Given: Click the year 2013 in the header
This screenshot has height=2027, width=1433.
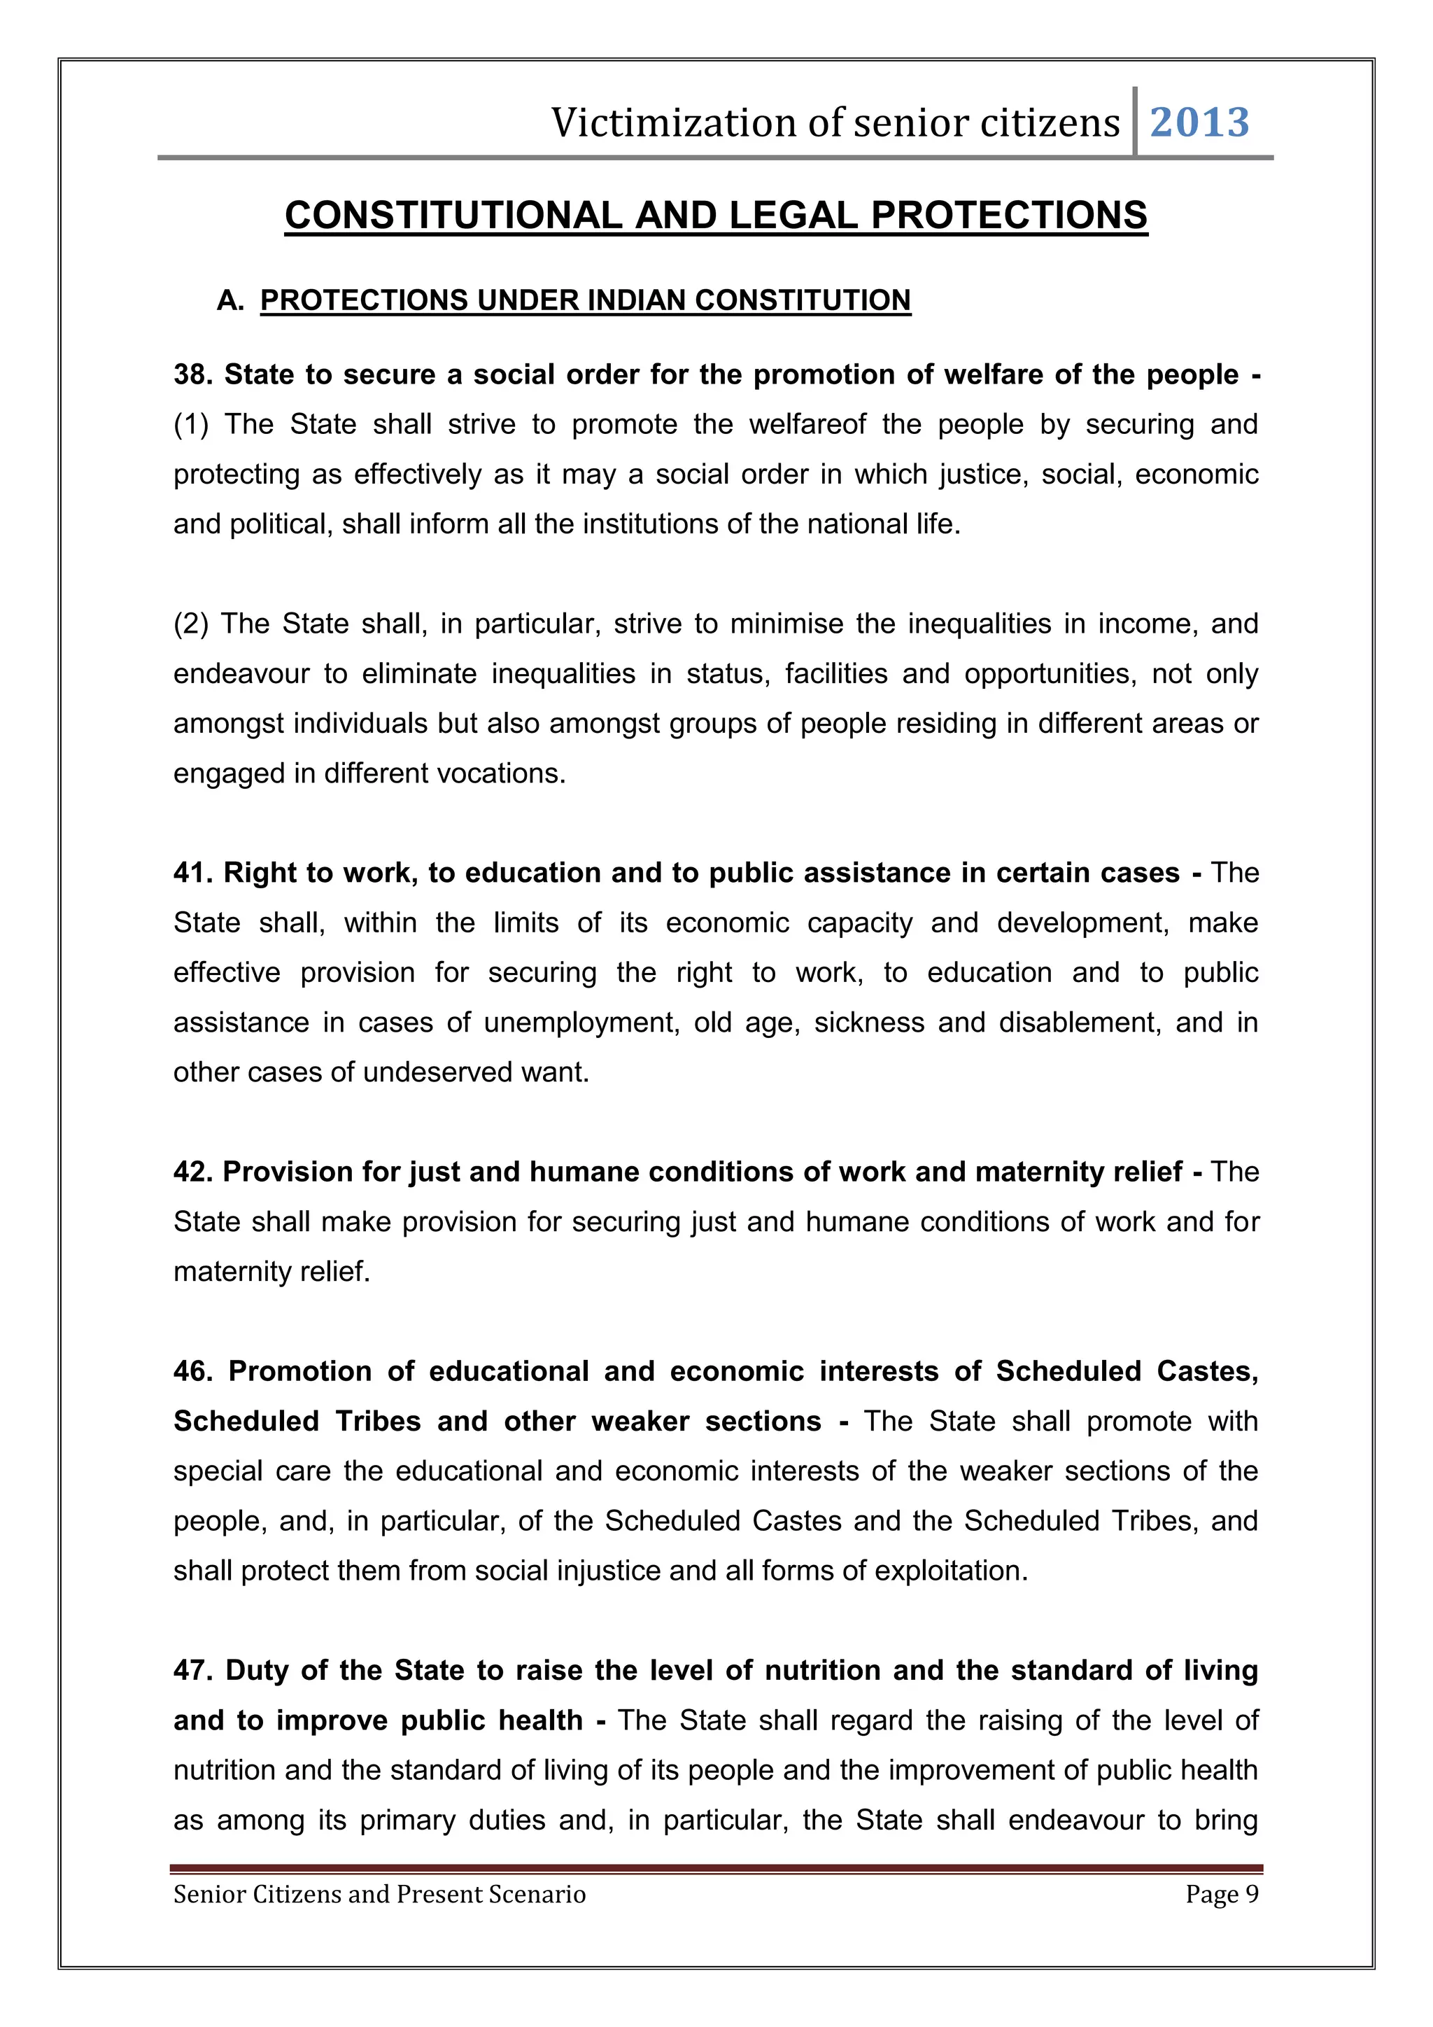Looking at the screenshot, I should point(1199,122).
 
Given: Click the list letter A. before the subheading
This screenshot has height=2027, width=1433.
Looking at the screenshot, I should point(230,300).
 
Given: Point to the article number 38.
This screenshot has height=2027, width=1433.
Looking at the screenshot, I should point(192,374).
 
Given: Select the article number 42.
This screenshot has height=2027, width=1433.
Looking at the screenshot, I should point(192,1172).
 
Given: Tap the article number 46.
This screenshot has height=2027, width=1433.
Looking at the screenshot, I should point(192,1371).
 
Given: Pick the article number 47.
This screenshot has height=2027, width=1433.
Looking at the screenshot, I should point(192,1670).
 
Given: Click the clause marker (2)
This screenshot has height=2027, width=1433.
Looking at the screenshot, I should point(190,623).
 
